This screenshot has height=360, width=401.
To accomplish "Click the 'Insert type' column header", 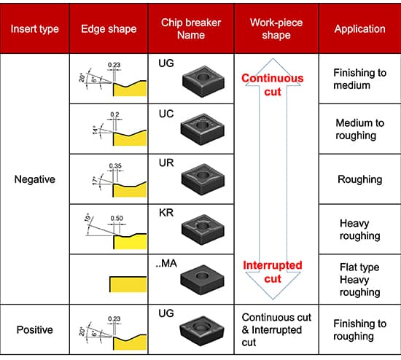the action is [x=35, y=29].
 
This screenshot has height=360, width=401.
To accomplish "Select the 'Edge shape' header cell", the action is [x=109, y=29].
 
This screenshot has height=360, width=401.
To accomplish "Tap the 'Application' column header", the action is [x=360, y=29].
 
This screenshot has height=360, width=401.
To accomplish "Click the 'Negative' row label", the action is [x=35, y=179].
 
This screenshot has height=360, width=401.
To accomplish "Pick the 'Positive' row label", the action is [x=35, y=329].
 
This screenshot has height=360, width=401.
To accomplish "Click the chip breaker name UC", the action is [x=166, y=114].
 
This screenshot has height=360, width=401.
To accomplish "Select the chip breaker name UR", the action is [x=166, y=163].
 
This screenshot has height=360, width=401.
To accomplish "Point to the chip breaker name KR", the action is [x=166, y=213].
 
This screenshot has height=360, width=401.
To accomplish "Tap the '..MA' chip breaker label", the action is [x=166, y=263].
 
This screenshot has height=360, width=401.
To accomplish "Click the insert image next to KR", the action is [x=203, y=230].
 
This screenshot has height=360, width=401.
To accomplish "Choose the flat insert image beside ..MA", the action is [x=202, y=280].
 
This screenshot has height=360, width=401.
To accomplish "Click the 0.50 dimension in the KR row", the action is [x=117, y=218].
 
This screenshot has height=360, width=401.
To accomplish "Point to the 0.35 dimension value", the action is [x=115, y=166].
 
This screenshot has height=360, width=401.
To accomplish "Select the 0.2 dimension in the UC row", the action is [x=114, y=114].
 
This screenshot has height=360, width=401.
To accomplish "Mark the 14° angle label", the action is [x=95, y=130].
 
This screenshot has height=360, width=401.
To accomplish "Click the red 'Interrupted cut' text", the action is [x=273, y=272].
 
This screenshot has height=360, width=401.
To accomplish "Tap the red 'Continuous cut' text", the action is [x=273, y=85].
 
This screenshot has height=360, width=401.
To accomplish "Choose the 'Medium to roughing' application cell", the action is [x=360, y=129].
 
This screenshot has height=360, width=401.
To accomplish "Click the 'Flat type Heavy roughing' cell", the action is [x=360, y=279].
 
